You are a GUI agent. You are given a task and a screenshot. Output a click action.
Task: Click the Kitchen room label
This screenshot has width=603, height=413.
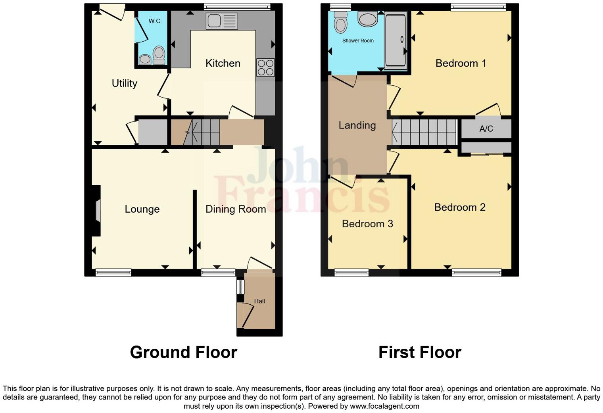click(223, 63)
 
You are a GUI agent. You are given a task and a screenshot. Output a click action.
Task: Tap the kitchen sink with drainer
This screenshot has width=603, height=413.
click(222, 21)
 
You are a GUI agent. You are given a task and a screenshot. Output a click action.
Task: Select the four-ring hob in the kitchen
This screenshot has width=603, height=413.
click(265, 67)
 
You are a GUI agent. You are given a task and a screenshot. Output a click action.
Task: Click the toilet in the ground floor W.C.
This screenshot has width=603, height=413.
click(159, 55)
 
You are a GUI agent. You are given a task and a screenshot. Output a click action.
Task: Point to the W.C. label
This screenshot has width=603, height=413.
click(155, 21)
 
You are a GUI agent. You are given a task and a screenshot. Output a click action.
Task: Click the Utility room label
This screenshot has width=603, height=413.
click(124, 83)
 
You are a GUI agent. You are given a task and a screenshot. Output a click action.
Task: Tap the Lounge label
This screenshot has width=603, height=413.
click(142, 209)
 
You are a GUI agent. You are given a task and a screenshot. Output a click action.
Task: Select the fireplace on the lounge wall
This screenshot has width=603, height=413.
click(97, 211)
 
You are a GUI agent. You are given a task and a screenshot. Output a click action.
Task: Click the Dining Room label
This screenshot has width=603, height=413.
click(236, 209)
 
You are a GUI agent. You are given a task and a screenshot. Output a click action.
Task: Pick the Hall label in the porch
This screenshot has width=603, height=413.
click(259, 301)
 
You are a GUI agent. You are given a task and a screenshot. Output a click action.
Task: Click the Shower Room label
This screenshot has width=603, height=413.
click(358, 40)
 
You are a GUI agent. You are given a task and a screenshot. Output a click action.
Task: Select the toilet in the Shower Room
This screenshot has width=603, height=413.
click(340, 22)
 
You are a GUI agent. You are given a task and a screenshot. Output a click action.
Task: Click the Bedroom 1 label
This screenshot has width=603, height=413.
click(461, 63)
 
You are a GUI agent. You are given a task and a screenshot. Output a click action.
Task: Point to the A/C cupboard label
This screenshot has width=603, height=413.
click(486, 129)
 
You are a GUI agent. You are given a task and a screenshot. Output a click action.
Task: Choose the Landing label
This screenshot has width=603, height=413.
click(357, 125)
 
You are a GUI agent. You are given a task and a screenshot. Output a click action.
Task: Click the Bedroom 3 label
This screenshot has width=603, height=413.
click(367, 224)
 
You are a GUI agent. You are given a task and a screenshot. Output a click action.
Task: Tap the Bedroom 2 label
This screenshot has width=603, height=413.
click(460, 207)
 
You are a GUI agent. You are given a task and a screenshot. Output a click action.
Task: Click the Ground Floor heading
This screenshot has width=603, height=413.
click(183, 352)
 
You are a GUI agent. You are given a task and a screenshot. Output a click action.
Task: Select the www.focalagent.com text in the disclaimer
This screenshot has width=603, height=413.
click(384, 406)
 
